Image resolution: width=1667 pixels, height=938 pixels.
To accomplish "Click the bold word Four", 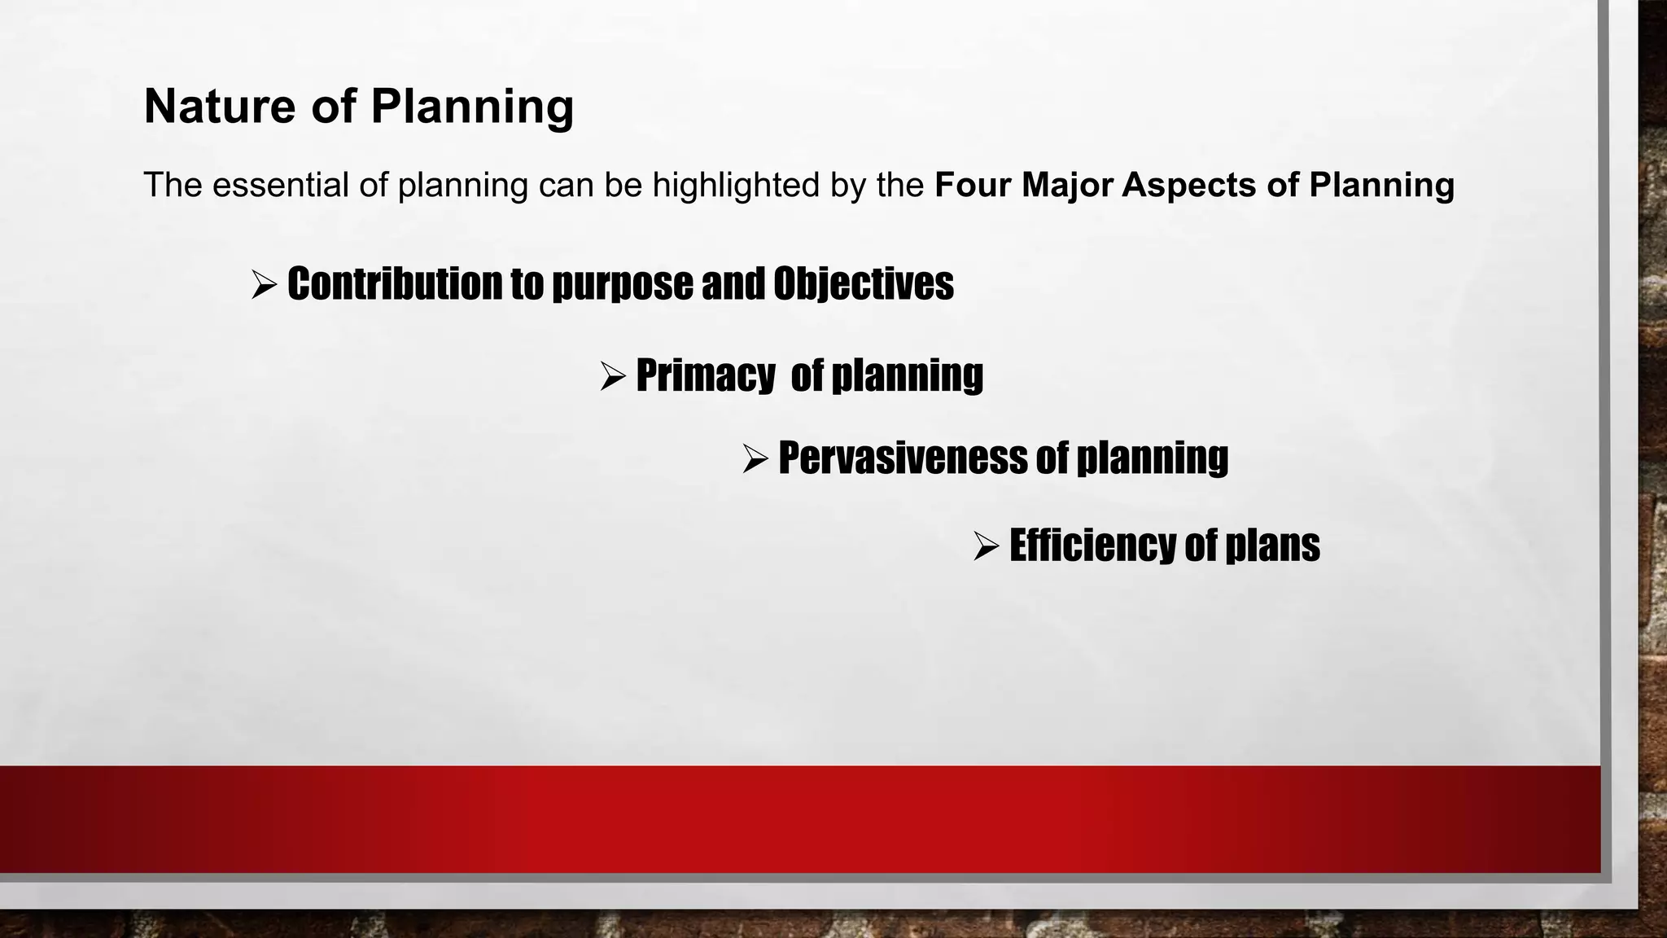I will pyautogui.click(x=974, y=185).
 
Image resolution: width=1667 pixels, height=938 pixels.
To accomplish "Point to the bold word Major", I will pyautogui.click(x=1066, y=185).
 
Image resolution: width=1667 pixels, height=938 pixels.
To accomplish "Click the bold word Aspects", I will pyautogui.click(x=1189, y=186).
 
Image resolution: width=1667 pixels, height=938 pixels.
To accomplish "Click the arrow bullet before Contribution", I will pyautogui.click(x=264, y=284).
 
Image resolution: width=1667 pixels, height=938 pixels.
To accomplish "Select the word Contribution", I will pyautogui.click(x=394, y=283).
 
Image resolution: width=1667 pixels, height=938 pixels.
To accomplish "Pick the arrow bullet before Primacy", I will pyautogui.click(x=612, y=375).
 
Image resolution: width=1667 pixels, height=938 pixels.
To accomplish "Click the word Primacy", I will pyautogui.click(x=705, y=375).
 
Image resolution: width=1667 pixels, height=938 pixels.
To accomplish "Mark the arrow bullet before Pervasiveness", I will pyautogui.click(x=755, y=458).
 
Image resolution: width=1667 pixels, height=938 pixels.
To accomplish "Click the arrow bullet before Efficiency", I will pyautogui.click(x=986, y=546).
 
